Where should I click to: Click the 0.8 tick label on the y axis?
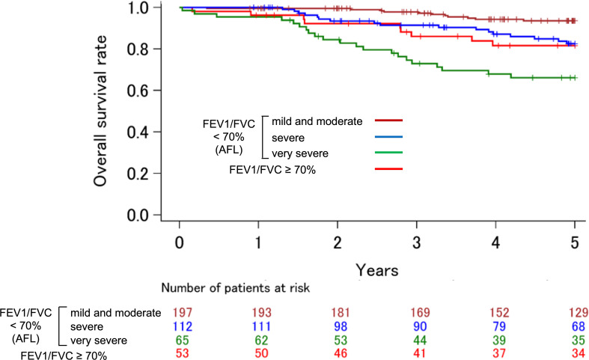click(138, 49)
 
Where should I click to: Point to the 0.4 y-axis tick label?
click(138, 132)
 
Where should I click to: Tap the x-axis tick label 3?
click(417, 242)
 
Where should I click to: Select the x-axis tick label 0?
click(180, 242)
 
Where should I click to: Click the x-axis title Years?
click(376, 270)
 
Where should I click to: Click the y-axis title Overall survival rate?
click(100, 111)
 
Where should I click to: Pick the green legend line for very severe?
click(388, 153)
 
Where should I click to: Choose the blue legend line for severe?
click(388, 137)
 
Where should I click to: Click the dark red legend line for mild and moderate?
click(388, 120)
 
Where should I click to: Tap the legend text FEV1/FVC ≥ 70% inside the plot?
click(272, 170)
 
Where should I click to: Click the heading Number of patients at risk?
click(236, 288)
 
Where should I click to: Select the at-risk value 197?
click(182, 312)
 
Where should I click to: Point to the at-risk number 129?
click(579, 312)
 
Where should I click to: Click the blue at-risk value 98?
click(341, 326)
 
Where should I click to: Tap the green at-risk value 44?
click(420, 341)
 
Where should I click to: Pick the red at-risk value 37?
click(499, 353)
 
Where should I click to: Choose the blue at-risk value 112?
click(182, 326)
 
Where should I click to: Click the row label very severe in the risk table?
click(99, 341)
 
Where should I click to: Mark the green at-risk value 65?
click(182, 341)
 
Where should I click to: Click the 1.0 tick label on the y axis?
click(138, 7)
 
